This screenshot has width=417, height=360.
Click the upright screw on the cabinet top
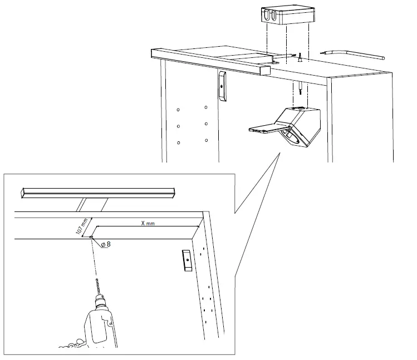point(300,56)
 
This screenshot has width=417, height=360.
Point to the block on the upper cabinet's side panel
point(222,86)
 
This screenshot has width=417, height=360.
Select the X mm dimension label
point(148,222)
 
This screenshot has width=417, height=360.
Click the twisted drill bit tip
point(97,287)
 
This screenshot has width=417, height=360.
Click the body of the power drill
point(100,331)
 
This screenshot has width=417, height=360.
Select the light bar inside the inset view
point(97,192)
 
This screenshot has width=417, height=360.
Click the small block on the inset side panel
point(187,260)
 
